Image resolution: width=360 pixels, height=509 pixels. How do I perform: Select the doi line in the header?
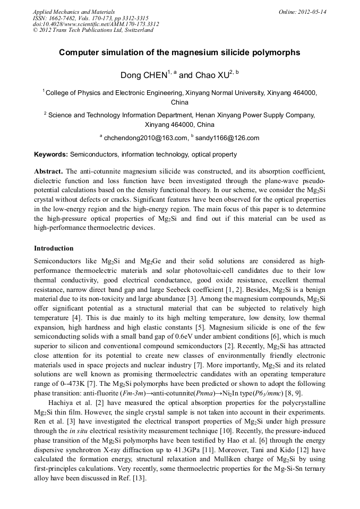pos(96,24)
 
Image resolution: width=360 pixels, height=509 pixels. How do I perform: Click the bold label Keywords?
pos(51,154)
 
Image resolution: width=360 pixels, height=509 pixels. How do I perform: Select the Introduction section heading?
pos(54,248)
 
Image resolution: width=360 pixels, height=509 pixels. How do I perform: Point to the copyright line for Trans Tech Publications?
pos(93,30)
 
